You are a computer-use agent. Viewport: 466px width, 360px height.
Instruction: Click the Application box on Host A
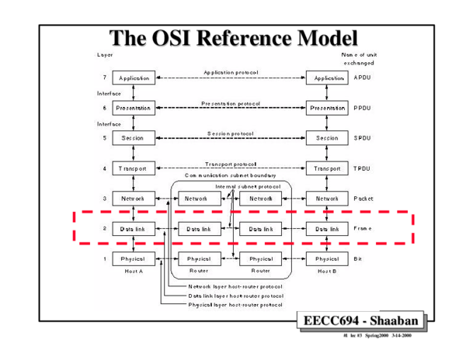tap(134, 78)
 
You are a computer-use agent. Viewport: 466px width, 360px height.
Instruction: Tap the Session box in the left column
tap(134, 138)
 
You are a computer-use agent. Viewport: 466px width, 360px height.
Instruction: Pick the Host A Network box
tap(134, 198)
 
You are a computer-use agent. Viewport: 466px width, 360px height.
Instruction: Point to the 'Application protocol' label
tap(231, 71)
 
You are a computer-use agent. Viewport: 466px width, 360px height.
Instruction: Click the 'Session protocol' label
tap(231, 133)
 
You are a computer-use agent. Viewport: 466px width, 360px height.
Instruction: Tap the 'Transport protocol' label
tap(231, 164)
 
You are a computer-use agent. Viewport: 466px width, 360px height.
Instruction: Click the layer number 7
tap(103, 78)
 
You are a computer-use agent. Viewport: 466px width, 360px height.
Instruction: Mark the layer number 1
tap(103, 258)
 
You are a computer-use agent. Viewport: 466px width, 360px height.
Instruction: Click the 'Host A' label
tap(134, 272)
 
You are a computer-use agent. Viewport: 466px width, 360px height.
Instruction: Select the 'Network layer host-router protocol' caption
tap(235, 286)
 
